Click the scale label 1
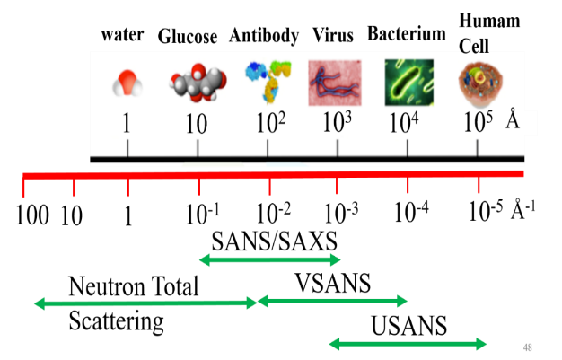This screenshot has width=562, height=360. click(127, 124)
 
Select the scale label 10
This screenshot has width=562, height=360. click(196, 124)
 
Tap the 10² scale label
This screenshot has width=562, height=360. click(269, 123)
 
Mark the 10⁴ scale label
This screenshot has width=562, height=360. click(404, 123)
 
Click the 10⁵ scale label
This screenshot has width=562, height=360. click(478, 123)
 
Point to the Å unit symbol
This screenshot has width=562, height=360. click(513, 121)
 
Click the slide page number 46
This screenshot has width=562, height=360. click(528, 347)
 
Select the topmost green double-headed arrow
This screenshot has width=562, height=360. click(269, 260)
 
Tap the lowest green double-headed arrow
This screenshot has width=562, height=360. click(408, 344)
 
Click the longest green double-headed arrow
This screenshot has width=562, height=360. click(145, 303)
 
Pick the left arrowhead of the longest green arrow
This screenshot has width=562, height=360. click(39, 303)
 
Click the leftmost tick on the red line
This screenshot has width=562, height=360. click(24, 187)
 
